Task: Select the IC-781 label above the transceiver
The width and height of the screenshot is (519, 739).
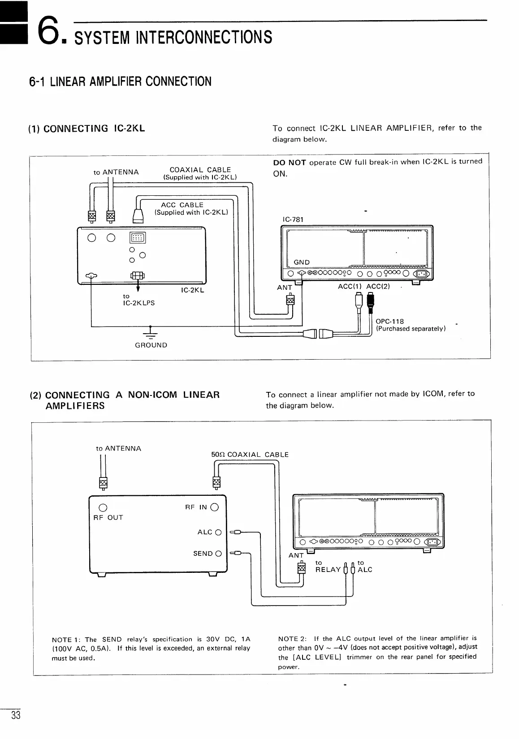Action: tap(293, 219)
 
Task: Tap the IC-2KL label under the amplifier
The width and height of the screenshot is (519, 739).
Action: tap(192, 290)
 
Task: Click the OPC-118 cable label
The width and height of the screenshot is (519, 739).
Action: tap(389, 321)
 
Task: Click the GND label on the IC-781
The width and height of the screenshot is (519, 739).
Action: tap(302, 262)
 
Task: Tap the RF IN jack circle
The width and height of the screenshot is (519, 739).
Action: tap(214, 507)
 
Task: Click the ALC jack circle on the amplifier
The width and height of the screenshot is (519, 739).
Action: tap(218, 533)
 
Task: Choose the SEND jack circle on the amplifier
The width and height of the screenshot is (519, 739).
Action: tap(218, 554)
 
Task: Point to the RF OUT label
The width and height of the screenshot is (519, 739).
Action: tap(108, 517)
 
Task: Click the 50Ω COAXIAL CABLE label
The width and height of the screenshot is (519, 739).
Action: tap(250, 455)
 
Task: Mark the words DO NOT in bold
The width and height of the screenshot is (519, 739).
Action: tap(290, 163)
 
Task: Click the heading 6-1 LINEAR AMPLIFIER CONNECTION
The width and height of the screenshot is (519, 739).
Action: tap(120, 82)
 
